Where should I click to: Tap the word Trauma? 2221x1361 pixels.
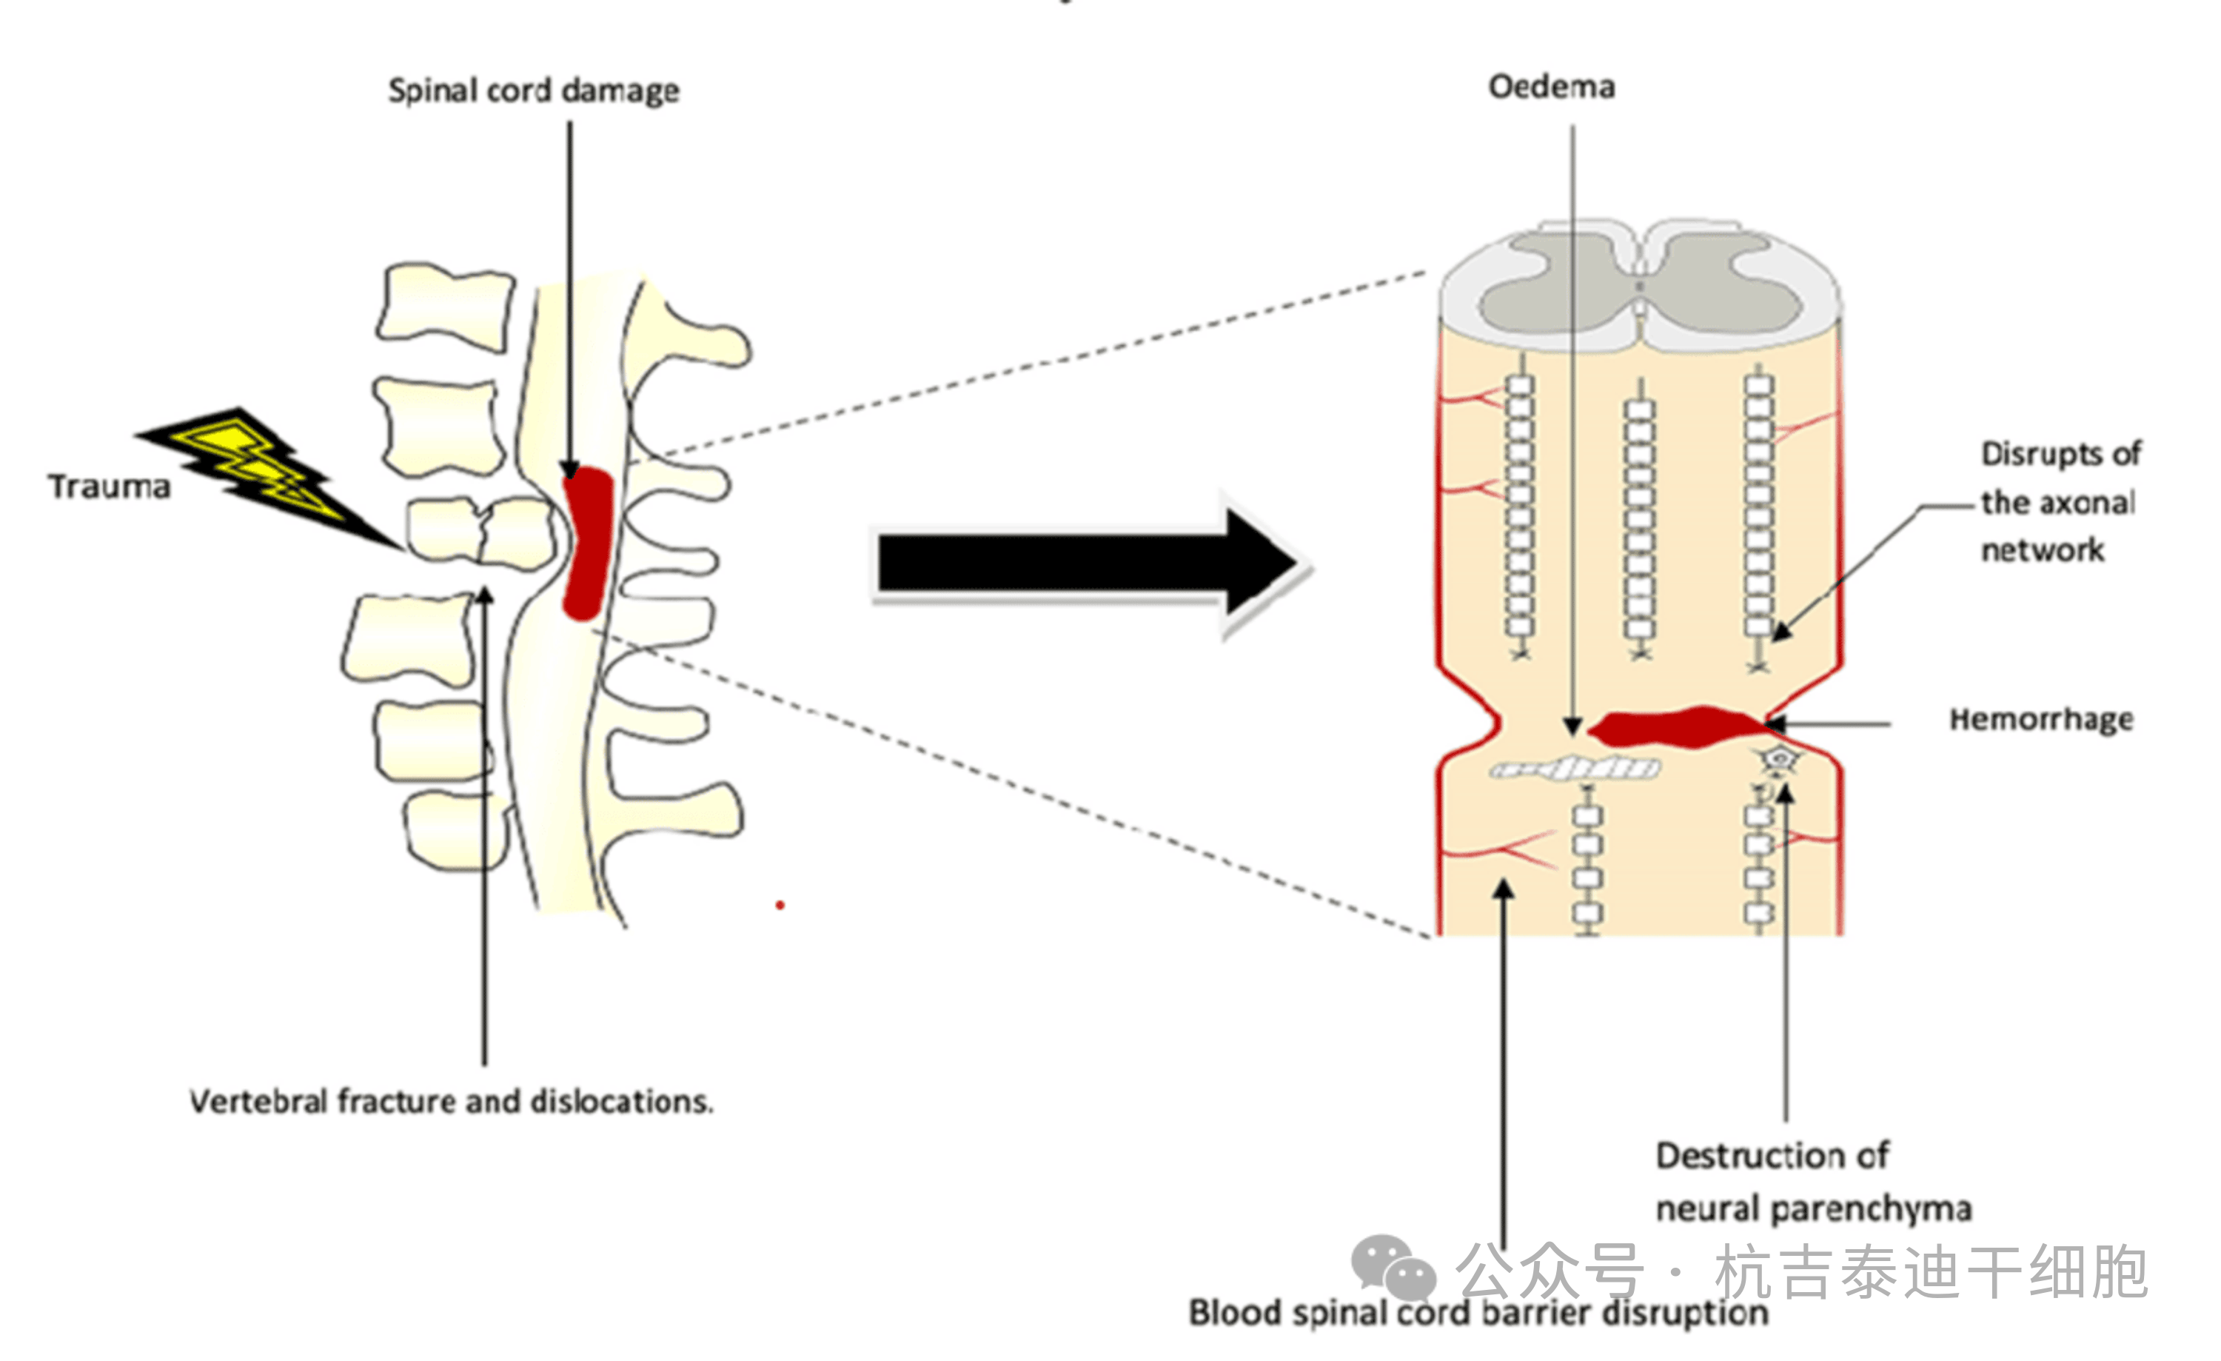109,486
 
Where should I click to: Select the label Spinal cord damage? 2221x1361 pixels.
534,90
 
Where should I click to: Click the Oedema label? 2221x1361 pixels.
1551,87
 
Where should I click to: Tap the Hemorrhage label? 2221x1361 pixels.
2040,719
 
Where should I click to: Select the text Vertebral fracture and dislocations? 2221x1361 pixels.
451,1101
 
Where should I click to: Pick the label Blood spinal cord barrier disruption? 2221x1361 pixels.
1478,1312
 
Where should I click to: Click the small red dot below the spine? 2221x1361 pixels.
780,905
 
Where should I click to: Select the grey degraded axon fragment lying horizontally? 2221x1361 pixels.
1574,768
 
